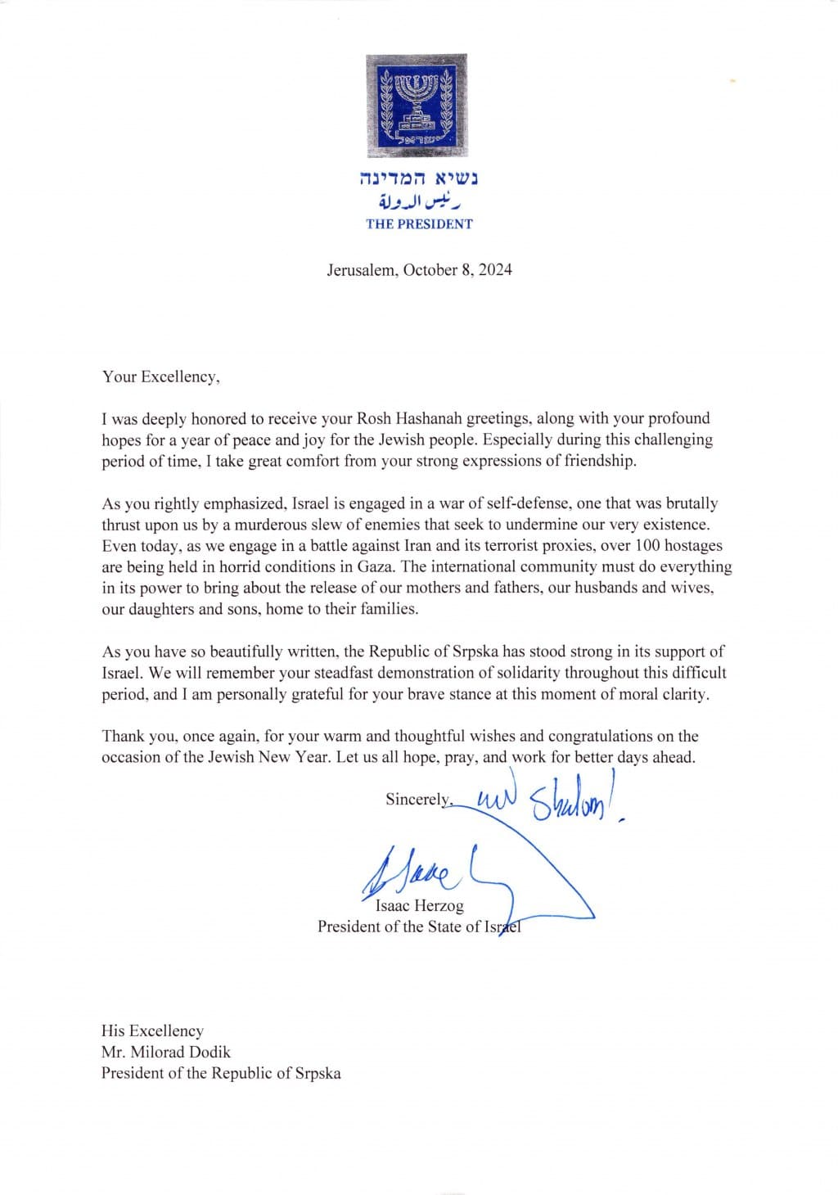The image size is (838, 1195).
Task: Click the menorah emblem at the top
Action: (417, 106)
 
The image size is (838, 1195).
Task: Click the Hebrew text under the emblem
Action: (419, 178)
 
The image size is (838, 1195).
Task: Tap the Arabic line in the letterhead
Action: (419, 201)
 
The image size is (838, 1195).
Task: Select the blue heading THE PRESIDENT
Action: (419, 223)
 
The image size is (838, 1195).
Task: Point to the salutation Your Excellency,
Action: (160, 377)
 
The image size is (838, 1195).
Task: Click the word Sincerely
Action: (418, 799)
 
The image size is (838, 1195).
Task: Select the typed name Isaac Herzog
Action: (419, 905)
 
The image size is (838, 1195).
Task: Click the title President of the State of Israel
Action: (419, 927)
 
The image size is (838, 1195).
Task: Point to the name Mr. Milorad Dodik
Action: (166, 1052)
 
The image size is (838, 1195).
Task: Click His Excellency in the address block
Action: (152, 1030)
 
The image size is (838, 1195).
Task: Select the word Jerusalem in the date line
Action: (360, 270)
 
